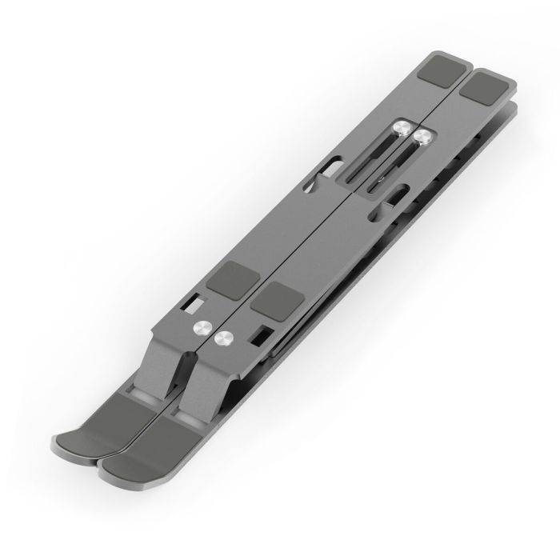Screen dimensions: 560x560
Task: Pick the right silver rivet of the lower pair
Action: pos(226,339)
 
